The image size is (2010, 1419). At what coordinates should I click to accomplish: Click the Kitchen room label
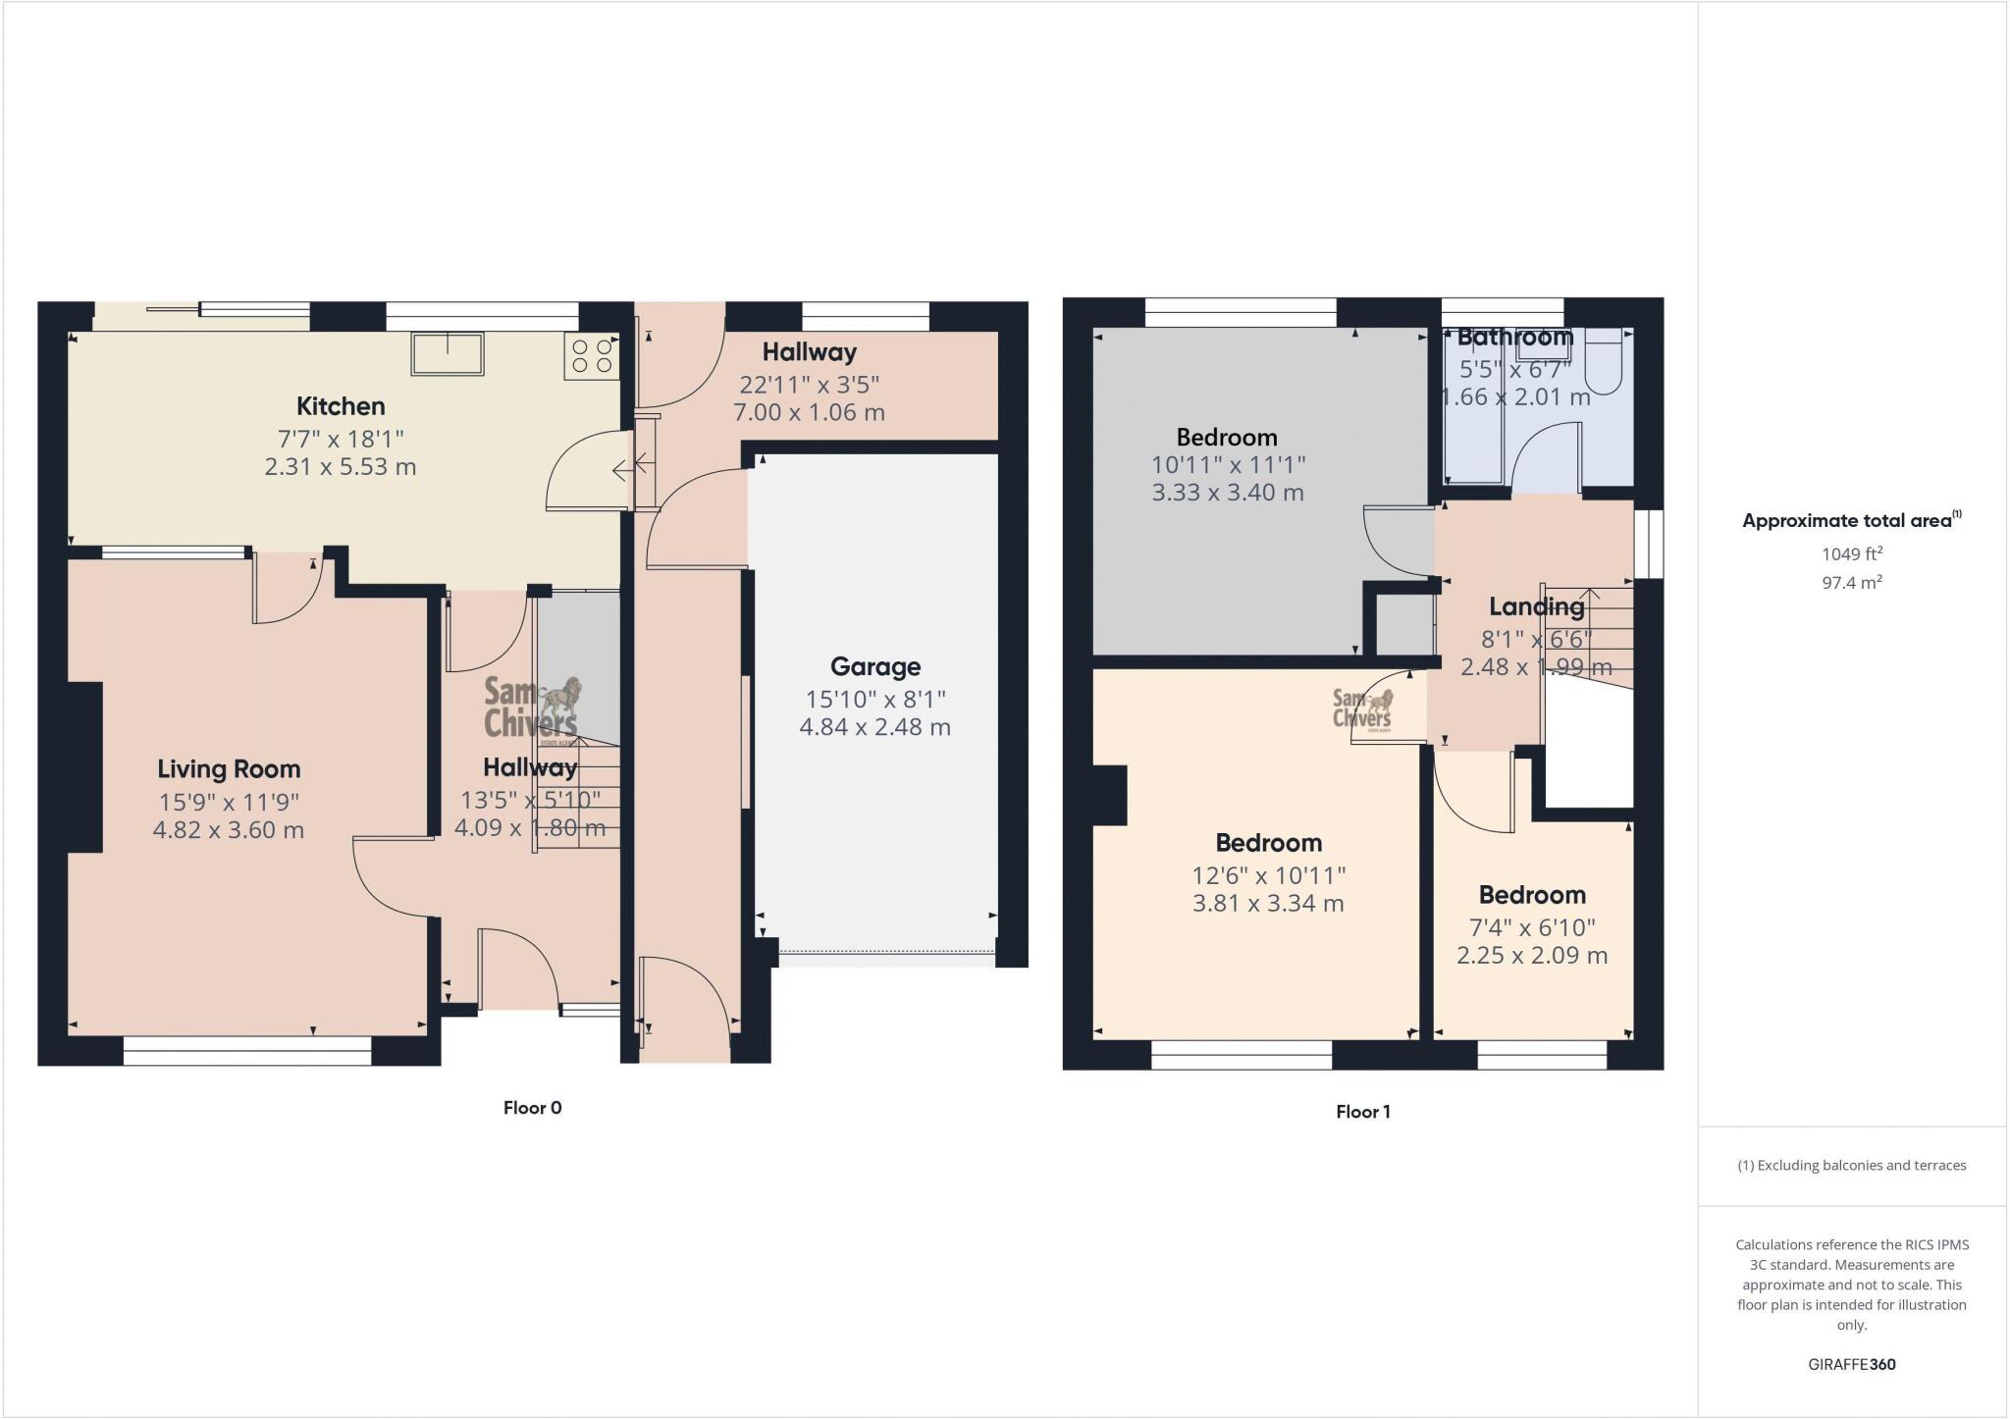pyautogui.click(x=341, y=406)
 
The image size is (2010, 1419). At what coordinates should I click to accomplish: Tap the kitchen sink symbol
pyautogui.click(x=448, y=353)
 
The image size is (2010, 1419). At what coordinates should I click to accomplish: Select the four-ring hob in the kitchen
pyautogui.click(x=592, y=356)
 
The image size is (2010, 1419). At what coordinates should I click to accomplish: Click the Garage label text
pyautogui.click(x=874, y=667)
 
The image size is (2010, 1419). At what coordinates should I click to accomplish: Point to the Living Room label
pyautogui.click(x=229, y=769)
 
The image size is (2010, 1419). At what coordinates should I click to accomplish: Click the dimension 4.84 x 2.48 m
pyautogui.click(x=874, y=727)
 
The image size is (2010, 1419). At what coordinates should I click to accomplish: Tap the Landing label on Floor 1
pyautogui.click(x=1536, y=607)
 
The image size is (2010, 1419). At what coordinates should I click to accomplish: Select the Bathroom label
pyautogui.click(x=1514, y=338)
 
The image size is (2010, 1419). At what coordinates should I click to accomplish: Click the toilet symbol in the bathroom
pyautogui.click(x=1605, y=358)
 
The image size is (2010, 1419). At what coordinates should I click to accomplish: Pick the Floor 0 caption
pyautogui.click(x=532, y=1108)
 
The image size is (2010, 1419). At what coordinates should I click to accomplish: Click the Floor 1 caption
pyautogui.click(x=1362, y=1112)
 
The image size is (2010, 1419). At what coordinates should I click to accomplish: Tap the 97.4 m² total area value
pyautogui.click(x=1851, y=583)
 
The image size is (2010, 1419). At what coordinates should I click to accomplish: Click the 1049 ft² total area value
pyautogui.click(x=1851, y=554)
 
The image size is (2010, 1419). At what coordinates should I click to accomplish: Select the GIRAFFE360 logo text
pyautogui.click(x=1851, y=1364)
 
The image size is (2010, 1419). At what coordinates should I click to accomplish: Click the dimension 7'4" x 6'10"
pyautogui.click(x=1531, y=927)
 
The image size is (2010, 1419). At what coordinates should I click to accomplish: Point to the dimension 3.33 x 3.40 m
pyautogui.click(x=1227, y=493)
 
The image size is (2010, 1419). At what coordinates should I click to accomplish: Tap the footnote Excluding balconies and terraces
pyautogui.click(x=1851, y=1166)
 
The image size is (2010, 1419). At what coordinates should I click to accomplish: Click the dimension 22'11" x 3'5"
pyautogui.click(x=809, y=385)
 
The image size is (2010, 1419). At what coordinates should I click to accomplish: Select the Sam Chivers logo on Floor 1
pyautogui.click(x=1362, y=709)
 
